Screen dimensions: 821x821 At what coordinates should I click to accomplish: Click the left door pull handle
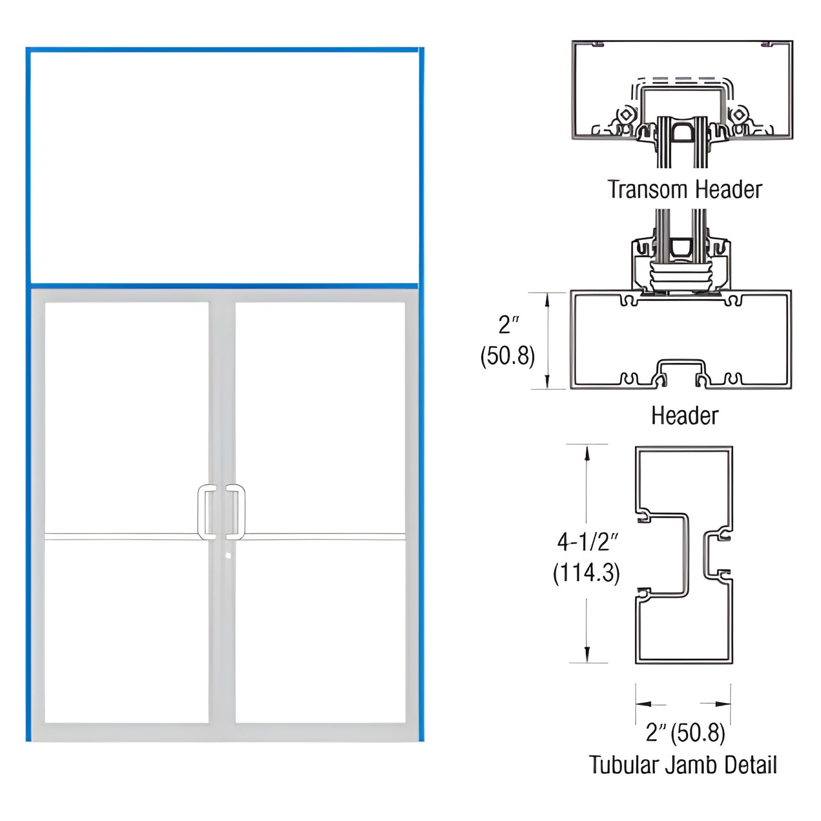point(206,512)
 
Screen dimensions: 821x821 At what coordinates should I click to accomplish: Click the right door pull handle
point(236,512)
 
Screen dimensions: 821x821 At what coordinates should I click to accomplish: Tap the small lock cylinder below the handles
point(227,555)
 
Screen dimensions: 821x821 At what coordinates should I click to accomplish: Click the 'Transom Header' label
point(685,190)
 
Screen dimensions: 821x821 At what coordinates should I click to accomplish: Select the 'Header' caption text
point(685,415)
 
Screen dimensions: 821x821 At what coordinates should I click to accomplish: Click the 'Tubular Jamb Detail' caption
point(683,765)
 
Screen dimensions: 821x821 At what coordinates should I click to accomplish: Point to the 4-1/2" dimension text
point(587,542)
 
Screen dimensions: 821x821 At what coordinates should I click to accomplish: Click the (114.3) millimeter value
point(586,573)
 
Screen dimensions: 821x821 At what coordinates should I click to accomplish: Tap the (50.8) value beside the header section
point(507,356)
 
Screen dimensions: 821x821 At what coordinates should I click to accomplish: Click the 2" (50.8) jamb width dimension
point(685,733)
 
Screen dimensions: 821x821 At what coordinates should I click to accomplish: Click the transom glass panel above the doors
point(224,168)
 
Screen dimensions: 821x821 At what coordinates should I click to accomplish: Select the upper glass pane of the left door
point(126,418)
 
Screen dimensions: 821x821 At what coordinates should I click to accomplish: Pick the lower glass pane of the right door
point(320,631)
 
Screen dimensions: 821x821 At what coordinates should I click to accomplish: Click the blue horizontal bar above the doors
point(224,286)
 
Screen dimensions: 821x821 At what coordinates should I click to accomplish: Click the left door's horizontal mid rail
point(122,536)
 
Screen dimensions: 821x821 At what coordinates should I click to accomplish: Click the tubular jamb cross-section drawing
point(684,555)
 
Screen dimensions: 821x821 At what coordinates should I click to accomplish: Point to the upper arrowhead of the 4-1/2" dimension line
point(587,452)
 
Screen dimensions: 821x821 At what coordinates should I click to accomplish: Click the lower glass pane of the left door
point(126,631)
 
